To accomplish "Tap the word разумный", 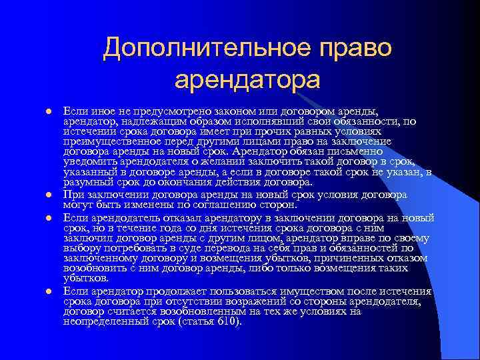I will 87,181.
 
